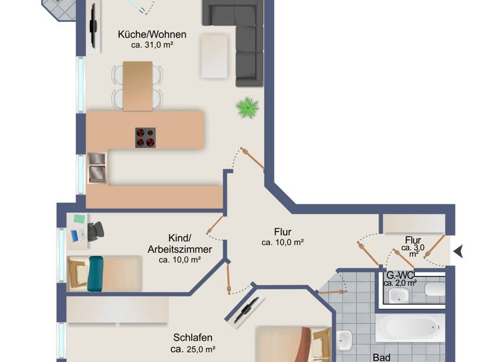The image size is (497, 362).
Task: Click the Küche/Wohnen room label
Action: click(x=152, y=35)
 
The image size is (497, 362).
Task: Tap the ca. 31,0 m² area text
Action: click(x=152, y=45)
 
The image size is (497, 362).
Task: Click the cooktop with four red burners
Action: click(x=145, y=138)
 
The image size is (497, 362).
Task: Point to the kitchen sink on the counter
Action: click(x=98, y=167)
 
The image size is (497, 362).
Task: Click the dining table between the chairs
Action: click(x=137, y=86)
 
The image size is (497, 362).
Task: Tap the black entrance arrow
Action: click(x=459, y=251)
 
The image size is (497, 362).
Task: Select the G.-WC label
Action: click(x=399, y=274)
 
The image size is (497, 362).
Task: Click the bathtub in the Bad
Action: click(x=410, y=328)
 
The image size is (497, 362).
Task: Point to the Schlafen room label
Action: click(x=193, y=337)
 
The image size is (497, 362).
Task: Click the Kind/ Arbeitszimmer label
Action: click(x=179, y=244)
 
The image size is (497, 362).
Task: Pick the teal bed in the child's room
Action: click(x=95, y=272)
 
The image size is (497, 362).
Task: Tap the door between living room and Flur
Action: click(x=252, y=158)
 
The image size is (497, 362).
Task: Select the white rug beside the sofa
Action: click(x=215, y=56)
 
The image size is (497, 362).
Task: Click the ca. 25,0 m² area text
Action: click(x=193, y=349)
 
